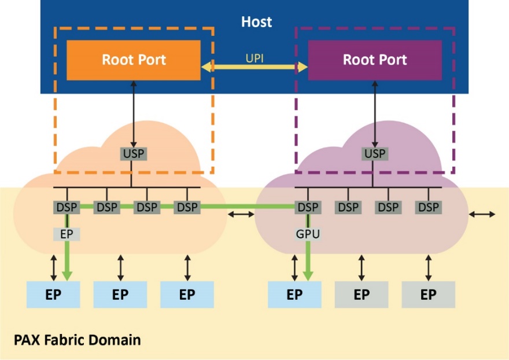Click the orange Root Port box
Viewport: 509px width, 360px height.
coord(134,60)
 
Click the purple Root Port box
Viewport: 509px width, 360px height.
coord(375,60)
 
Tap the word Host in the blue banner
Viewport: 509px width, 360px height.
coord(256,23)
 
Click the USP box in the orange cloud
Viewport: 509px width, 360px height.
coord(134,154)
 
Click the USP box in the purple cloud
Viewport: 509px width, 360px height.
coord(375,154)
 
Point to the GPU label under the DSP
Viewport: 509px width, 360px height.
coord(307,234)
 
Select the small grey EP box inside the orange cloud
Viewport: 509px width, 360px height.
coord(67,234)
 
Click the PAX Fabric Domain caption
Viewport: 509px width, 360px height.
coord(77,339)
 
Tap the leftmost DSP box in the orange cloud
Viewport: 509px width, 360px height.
coord(67,207)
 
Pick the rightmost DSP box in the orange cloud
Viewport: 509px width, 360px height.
coord(187,207)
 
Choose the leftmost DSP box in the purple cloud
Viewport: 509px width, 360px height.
coord(308,207)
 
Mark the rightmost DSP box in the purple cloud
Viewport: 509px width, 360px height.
coord(429,207)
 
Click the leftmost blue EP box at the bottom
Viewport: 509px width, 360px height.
coord(54,295)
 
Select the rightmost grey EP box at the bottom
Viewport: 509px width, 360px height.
coord(428,295)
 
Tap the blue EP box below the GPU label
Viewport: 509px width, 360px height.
coord(294,295)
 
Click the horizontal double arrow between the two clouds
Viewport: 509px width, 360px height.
coord(241,215)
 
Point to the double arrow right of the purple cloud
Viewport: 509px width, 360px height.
coord(482,215)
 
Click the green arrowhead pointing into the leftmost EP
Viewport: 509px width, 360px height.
coord(67,274)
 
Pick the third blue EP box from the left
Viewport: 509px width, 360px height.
coord(187,295)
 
